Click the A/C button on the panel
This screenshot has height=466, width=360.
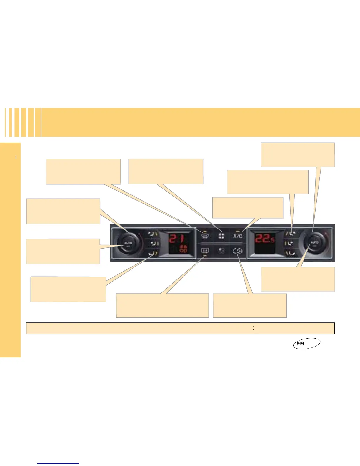pos(238,236)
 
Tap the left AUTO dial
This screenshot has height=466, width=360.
pos(128,243)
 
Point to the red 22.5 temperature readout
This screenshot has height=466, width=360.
pos(264,239)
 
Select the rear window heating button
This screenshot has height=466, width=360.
pos(205,251)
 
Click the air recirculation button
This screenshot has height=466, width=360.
pos(238,251)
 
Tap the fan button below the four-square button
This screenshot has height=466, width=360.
pos(221,251)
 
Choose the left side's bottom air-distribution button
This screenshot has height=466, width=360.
pos(153,253)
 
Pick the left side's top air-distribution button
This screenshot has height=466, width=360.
pos(153,234)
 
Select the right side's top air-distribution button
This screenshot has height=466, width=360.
pos(290,234)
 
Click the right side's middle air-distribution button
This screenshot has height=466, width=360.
pos(290,244)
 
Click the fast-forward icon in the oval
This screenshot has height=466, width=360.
pos(301,343)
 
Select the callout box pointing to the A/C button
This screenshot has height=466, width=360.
pos(248,208)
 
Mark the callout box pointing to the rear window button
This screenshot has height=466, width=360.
pos(162,305)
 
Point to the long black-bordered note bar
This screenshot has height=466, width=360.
pos(180,328)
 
